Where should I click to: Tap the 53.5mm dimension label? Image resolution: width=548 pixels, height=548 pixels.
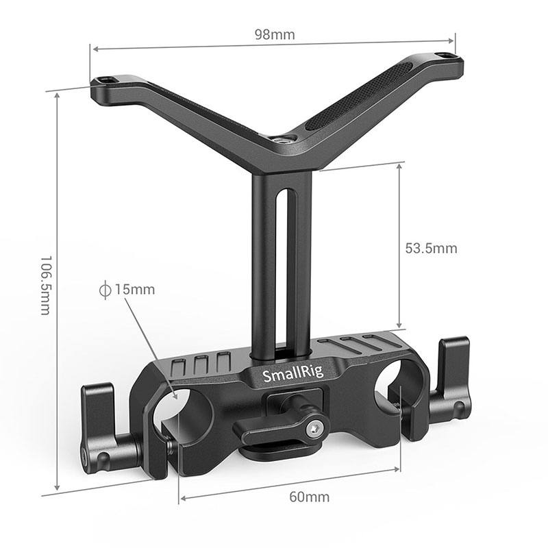pos(430,248)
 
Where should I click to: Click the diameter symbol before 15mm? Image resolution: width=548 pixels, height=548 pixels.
pos(105,289)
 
